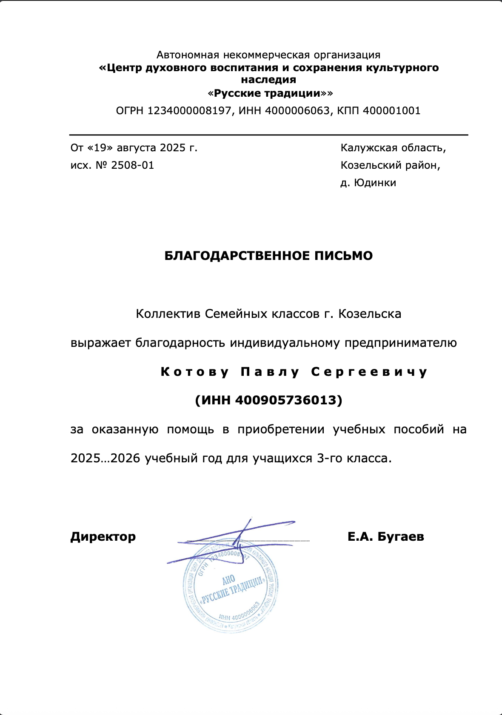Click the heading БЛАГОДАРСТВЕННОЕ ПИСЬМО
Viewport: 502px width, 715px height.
268,256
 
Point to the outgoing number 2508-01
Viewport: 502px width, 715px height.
132,165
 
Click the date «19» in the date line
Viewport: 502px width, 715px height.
100,148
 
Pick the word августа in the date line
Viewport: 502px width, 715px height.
137,148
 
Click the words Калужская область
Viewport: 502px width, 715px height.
393,148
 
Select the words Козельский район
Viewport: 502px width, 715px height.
390,165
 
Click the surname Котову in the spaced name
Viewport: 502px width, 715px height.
195,372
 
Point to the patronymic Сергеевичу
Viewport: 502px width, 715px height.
369,372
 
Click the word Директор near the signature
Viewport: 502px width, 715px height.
103,536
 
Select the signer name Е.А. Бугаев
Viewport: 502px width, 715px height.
385,536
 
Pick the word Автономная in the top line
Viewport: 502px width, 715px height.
188,55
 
